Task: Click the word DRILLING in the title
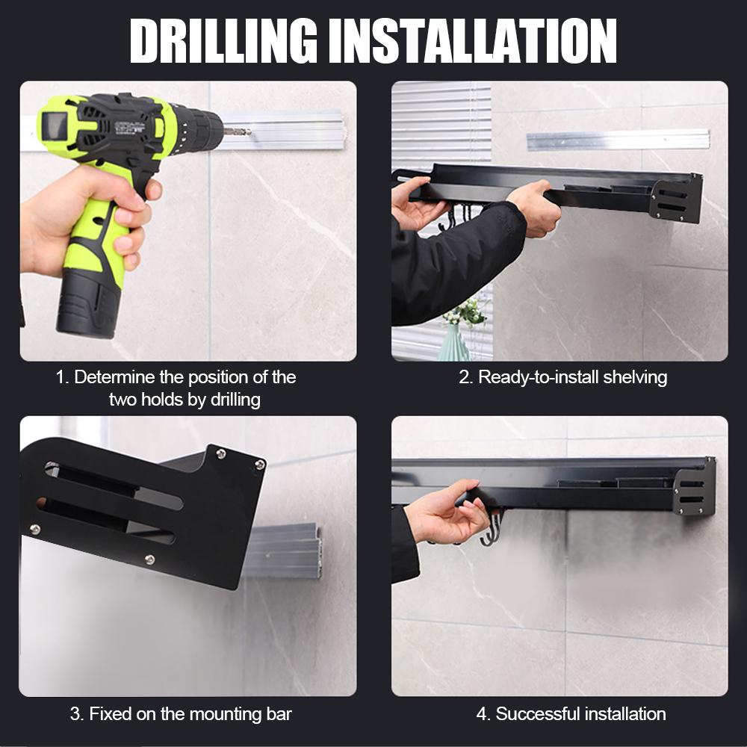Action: tap(223, 41)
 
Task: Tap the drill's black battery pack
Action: tap(87, 304)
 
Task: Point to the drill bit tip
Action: tap(249, 131)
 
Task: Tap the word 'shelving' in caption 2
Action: tap(635, 377)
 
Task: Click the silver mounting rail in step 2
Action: tap(618, 140)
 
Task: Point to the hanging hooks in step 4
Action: tap(493, 528)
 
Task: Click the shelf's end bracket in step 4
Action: tap(695, 487)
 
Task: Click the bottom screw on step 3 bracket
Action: tap(149, 560)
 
